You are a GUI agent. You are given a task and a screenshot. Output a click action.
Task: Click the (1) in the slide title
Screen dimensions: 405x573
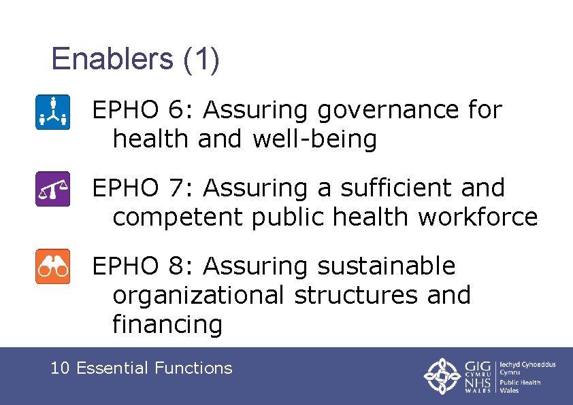pos(201,59)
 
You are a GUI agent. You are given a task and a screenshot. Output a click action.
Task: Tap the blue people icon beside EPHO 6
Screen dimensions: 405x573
pos(52,112)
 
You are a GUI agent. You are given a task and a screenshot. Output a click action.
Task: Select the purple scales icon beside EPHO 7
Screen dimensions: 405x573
pos(52,189)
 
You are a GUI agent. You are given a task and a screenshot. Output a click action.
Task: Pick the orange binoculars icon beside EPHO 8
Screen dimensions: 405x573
pos(52,266)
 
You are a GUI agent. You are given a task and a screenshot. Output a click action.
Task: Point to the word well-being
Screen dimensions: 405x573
pos(314,139)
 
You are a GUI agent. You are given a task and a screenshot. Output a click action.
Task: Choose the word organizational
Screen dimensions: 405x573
pos(198,295)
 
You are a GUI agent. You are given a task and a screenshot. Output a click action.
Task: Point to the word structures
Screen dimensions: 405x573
pos(359,295)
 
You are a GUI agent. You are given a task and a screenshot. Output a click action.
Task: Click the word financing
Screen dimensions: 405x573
pos(167,324)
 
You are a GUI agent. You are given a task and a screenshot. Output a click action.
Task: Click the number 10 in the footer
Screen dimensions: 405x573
pos(60,368)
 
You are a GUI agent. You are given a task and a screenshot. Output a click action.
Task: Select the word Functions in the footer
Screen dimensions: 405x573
pos(193,368)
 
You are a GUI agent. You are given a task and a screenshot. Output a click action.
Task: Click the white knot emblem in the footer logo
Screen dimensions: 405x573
pos(442,375)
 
